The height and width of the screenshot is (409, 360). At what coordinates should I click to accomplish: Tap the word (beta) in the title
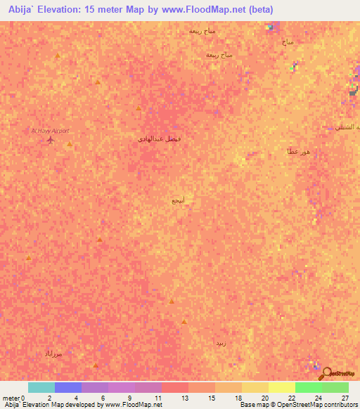coord(257,10)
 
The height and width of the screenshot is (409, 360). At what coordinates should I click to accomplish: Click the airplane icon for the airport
coord(50,139)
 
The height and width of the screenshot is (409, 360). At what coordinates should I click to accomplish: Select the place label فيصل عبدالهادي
coord(160,139)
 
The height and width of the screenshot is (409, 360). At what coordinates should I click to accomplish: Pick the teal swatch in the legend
coord(41,387)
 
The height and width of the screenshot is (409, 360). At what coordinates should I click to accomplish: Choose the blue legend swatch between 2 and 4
coord(68,387)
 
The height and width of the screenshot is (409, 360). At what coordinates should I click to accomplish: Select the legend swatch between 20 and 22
coord(282,387)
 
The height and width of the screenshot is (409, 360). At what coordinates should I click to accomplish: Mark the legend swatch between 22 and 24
coord(309,387)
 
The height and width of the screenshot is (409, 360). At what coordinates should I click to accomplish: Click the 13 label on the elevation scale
coord(184,398)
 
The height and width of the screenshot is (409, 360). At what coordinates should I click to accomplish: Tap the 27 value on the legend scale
coord(345,398)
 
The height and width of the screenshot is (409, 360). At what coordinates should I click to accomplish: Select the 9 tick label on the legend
coord(130,398)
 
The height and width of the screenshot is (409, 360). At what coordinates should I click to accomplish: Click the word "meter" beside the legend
coord(11,398)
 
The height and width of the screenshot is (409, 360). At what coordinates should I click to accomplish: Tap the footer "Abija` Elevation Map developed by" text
coord(49,405)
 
